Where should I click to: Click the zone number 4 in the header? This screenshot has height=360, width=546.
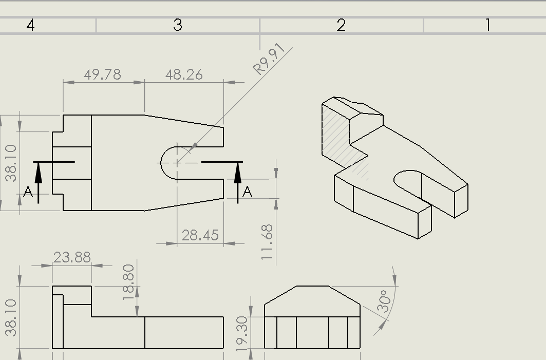click(x=30, y=25)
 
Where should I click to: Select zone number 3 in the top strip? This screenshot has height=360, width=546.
click(x=178, y=25)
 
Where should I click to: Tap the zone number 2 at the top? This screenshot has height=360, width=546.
click(x=341, y=25)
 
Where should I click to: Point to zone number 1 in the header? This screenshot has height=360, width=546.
click(x=487, y=25)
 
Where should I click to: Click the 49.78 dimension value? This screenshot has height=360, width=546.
click(x=103, y=74)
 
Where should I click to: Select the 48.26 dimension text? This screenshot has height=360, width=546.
click(x=184, y=74)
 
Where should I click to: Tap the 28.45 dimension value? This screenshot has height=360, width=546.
click(x=200, y=235)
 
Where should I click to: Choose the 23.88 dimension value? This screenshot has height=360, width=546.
click(x=72, y=257)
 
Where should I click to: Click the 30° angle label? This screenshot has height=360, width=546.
click(x=385, y=302)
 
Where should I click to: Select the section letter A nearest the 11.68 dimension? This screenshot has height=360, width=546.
click(x=248, y=192)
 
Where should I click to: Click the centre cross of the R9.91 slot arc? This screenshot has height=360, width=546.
click(x=177, y=162)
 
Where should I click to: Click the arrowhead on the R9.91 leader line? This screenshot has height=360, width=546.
click(x=193, y=148)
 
